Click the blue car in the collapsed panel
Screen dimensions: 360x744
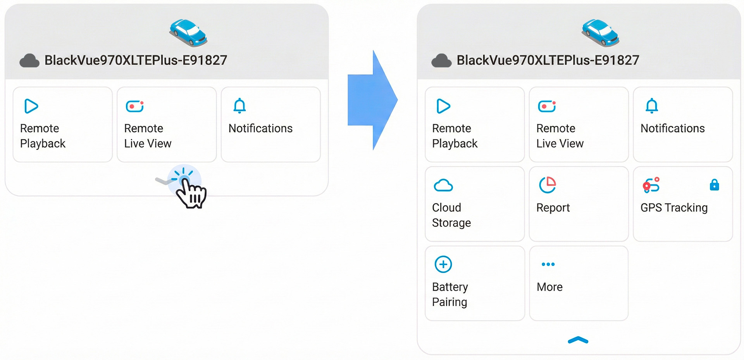click(x=188, y=33)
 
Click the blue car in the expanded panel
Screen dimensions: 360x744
click(x=600, y=33)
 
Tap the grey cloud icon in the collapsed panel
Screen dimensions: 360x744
click(x=29, y=61)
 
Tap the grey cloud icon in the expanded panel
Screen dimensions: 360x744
click(x=441, y=61)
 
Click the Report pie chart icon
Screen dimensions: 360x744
click(x=547, y=185)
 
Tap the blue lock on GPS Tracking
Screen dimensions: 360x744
click(x=714, y=185)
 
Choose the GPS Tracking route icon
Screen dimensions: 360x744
click(x=651, y=185)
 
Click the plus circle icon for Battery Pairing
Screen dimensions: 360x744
click(x=443, y=264)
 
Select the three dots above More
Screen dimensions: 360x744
click(x=548, y=264)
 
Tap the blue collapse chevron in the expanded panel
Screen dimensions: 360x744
click(x=578, y=340)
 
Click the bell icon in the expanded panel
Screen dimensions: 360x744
click(x=652, y=106)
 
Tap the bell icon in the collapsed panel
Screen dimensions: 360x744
click(x=239, y=106)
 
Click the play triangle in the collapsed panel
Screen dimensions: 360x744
click(x=31, y=106)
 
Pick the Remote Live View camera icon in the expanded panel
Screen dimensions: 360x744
click(x=547, y=106)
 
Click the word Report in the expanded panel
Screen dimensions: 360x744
click(x=553, y=208)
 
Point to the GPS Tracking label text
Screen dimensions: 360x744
click(x=674, y=208)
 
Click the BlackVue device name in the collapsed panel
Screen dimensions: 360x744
click(x=136, y=60)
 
